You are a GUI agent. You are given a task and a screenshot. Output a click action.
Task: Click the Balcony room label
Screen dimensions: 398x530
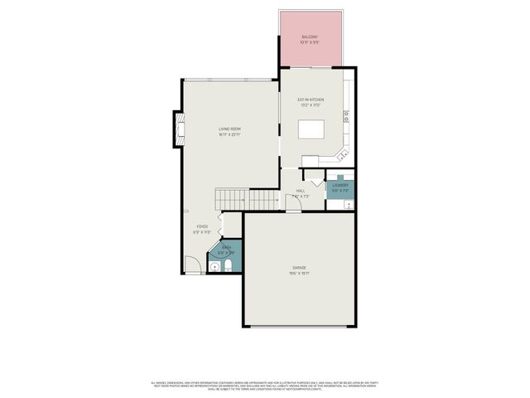tap(310, 37)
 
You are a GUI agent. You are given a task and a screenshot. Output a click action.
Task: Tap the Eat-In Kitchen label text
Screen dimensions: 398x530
tap(310, 99)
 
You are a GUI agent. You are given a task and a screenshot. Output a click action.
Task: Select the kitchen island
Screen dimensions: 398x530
tap(311, 130)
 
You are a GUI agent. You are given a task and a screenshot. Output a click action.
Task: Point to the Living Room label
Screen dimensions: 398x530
tap(229, 129)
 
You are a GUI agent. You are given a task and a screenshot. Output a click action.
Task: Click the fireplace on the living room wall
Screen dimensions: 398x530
tap(178, 129)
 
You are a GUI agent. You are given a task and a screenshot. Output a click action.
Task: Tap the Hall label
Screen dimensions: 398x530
tap(301, 192)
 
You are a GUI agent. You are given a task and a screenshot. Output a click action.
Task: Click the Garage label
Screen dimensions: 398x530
tap(299, 268)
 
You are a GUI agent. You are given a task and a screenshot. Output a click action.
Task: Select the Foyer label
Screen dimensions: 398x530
tap(201, 226)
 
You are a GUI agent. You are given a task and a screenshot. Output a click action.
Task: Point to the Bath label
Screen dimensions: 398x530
tap(225, 247)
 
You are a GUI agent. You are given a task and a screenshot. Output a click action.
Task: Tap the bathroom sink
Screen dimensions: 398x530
tap(214, 266)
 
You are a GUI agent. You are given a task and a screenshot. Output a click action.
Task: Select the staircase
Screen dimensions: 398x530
tap(248, 199)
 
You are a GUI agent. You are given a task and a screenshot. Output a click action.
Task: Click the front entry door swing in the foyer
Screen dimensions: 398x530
tap(192, 265)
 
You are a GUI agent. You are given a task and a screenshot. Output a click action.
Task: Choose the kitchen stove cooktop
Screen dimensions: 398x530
tap(349, 115)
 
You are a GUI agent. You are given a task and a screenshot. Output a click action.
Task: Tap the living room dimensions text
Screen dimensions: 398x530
tap(229, 134)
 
